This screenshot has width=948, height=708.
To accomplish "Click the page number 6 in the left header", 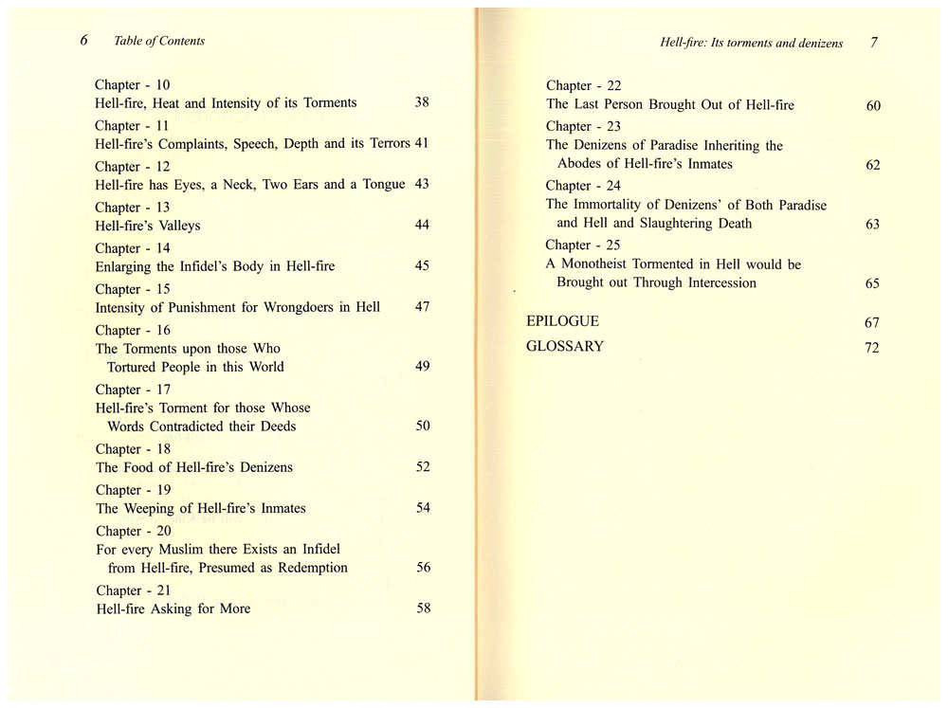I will coord(84,41).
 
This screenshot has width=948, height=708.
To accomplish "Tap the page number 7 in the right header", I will coord(873,44).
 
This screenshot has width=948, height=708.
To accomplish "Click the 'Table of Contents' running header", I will coord(158,41).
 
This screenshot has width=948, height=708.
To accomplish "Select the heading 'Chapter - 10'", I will coord(133,84).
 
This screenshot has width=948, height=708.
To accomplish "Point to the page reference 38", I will coord(422,102).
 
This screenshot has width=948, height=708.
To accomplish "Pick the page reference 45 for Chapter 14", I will coord(422,266).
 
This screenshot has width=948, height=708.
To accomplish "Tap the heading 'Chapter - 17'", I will coord(134,390).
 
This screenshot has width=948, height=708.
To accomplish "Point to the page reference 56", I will coord(423,568).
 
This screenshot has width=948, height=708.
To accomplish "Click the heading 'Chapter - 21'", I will coord(134,590).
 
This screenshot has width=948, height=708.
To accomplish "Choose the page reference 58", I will coord(423,608).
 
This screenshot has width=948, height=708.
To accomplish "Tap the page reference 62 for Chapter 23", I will coord(873,165).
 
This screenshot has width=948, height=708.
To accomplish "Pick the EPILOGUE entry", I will coord(562,321).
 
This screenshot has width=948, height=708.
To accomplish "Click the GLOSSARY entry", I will coord(565,347).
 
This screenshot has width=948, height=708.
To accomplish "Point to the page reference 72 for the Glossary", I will coord(872,348).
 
